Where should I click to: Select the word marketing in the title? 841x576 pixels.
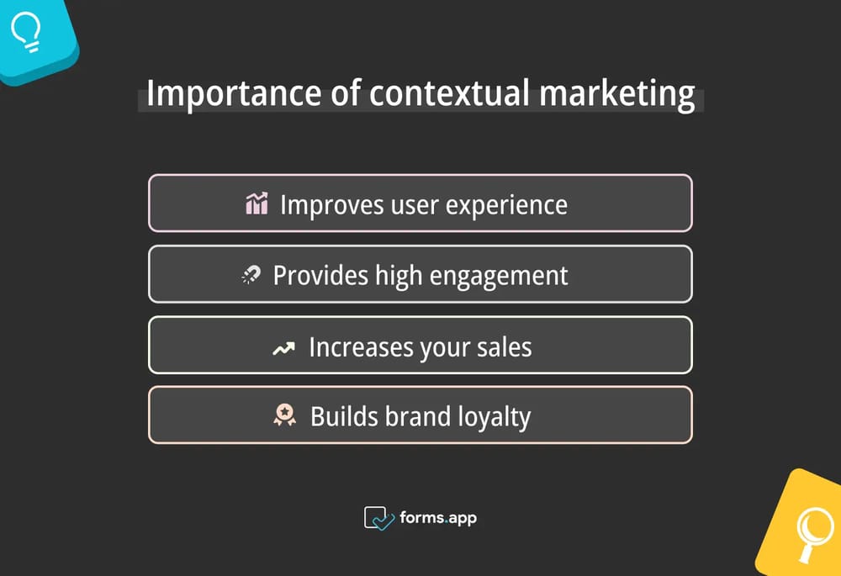coord(617,92)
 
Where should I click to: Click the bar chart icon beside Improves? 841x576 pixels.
coord(257,203)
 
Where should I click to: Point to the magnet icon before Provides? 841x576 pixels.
coord(251,275)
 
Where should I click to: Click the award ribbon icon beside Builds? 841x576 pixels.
coord(286,416)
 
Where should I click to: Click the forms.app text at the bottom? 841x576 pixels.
coord(438,518)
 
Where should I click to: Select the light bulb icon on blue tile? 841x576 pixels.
coord(28,31)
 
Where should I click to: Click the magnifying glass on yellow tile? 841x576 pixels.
coord(813,531)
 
